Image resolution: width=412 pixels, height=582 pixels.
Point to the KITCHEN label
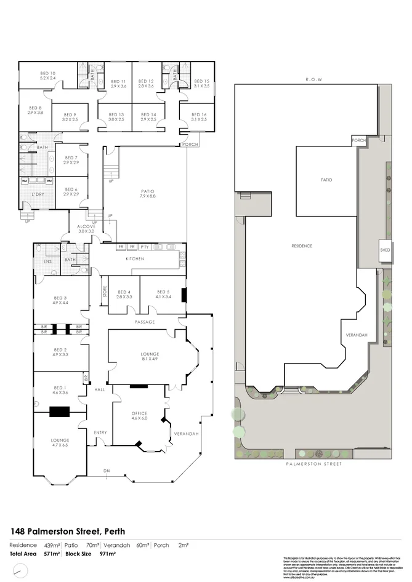[x=135, y=259]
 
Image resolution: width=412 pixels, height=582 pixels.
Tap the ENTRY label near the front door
[x=100, y=433]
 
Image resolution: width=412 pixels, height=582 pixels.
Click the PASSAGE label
[x=145, y=322]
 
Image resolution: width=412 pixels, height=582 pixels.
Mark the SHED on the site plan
[x=386, y=250]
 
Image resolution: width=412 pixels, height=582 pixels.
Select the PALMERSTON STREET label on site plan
[x=313, y=465]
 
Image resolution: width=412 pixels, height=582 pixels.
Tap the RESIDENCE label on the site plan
[x=302, y=246]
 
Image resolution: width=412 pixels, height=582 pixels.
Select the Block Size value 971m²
[x=108, y=554]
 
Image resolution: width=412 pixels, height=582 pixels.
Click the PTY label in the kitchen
[x=145, y=247]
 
